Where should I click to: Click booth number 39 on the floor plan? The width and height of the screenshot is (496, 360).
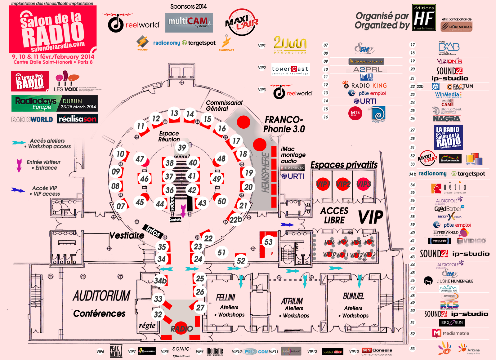(182, 148)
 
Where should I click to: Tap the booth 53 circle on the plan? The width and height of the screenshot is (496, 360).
(268, 242)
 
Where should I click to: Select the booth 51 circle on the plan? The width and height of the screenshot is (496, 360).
(221, 252)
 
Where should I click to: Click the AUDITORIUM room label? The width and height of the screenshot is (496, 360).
(101, 296)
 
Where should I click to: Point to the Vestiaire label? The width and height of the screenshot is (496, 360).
(127, 235)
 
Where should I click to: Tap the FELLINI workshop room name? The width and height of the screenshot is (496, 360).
(226, 297)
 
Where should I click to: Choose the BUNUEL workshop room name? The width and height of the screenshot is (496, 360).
(353, 296)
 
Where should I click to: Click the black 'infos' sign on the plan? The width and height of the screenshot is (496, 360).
(153, 231)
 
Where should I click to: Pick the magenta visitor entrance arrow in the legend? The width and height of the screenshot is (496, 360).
(19, 165)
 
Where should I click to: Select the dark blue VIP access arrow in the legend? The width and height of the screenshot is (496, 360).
(18, 190)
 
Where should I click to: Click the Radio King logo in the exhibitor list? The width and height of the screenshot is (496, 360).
(365, 85)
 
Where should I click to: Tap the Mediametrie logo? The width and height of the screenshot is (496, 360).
(451, 333)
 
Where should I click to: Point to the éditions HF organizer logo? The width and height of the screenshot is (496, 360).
(424, 17)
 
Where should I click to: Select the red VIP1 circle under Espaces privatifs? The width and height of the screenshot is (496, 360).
(323, 184)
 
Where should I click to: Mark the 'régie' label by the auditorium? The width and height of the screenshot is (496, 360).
(147, 325)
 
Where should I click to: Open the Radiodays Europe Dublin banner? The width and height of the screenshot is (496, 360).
(55, 103)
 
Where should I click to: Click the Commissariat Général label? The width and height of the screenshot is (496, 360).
(224, 105)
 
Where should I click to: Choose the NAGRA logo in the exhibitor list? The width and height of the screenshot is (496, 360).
(447, 118)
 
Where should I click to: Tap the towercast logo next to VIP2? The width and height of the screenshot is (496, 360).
(290, 70)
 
